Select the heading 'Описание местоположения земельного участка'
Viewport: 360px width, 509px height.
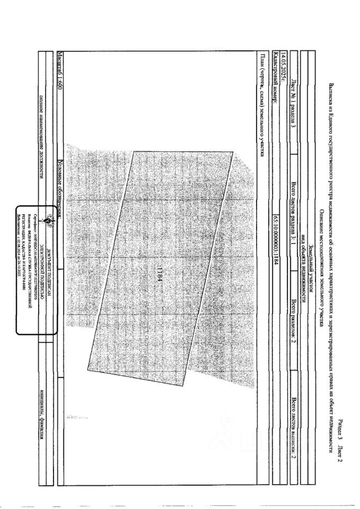pos(321,254)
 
